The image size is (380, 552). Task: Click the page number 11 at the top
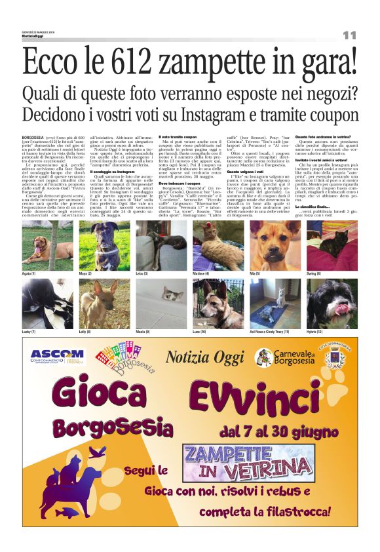click(x=349, y=34)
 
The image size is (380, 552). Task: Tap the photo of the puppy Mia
click(x=275, y=245)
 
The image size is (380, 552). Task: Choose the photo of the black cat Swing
click(x=332, y=245)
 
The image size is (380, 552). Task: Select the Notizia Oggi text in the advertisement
click(x=205, y=357)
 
